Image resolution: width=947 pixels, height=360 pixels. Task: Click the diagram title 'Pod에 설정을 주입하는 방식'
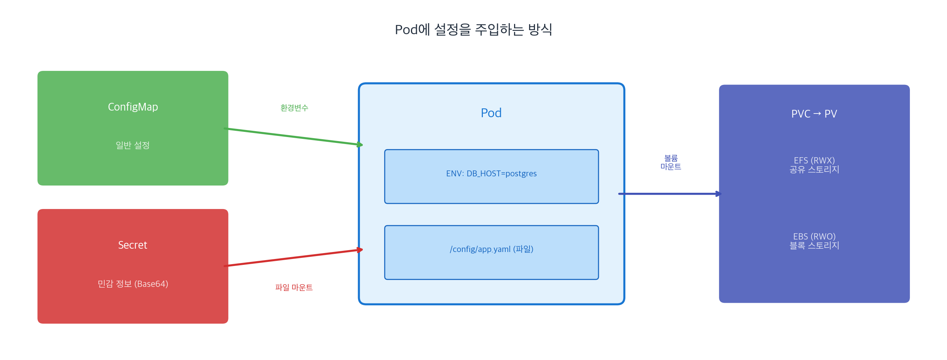[473, 29]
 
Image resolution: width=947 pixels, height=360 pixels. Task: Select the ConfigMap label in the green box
[133, 107]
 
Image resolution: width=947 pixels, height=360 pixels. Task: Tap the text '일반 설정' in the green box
[133, 145]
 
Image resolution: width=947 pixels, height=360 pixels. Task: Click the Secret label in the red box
[133, 245]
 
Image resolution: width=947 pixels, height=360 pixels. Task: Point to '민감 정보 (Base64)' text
[133, 284]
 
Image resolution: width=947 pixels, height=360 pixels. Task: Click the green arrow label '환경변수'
[294, 108]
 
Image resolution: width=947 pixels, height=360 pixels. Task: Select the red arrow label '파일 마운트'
[294, 288]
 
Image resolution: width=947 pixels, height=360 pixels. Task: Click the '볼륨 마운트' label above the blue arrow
[671, 162]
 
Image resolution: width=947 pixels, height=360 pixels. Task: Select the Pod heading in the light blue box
[491, 113]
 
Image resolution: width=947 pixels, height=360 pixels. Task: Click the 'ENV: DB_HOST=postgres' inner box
[491, 177]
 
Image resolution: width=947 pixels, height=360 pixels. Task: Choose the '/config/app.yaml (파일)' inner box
[491, 253]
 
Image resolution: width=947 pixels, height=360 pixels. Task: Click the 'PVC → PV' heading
[814, 114]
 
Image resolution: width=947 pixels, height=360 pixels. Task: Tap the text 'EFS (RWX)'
[814, 160]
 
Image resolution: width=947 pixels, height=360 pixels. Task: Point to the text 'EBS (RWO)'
[814, 237]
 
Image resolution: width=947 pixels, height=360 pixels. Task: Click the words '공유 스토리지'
[814, 170]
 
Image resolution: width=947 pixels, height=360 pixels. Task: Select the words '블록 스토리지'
[814, 246]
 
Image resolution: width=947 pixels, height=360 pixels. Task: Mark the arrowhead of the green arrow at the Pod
[360, 144]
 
